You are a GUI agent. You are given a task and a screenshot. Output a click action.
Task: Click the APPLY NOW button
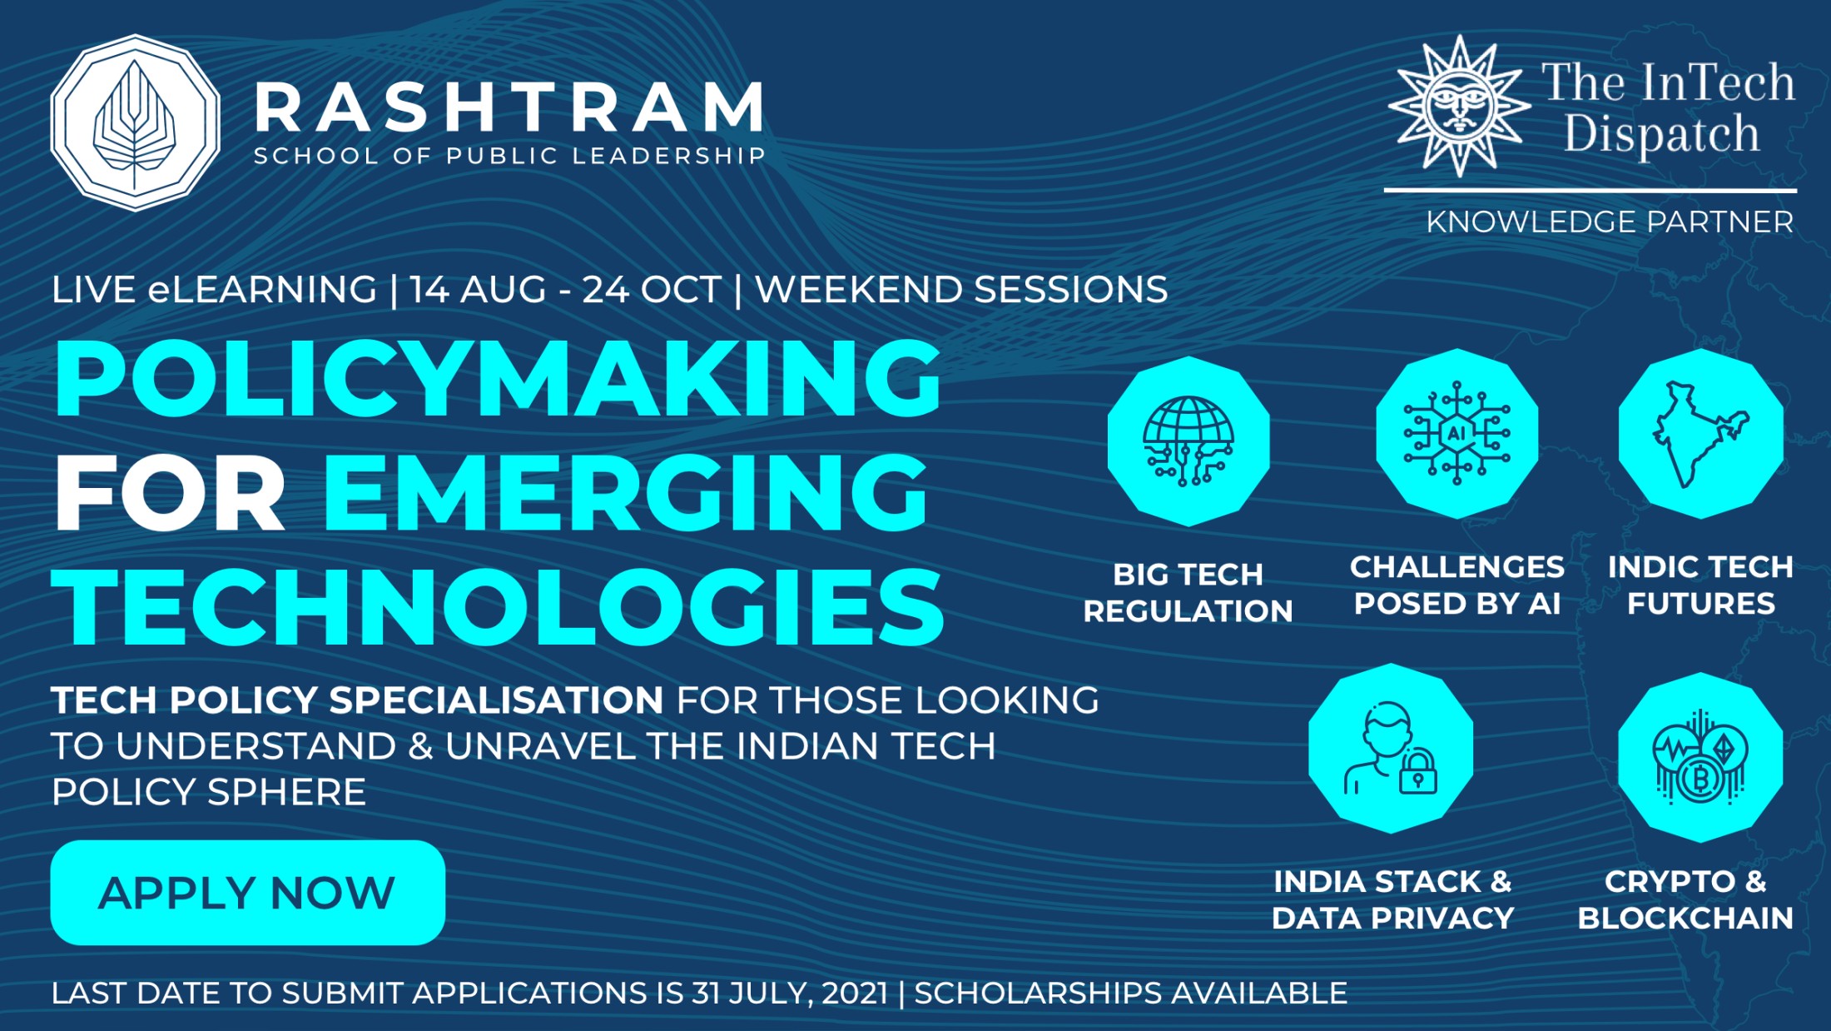(247, 892)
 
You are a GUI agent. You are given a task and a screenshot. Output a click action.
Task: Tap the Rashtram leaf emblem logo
(136, 122)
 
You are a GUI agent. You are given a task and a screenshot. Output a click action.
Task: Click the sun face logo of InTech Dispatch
(1459, 106)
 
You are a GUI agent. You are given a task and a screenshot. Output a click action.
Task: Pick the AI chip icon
(1456, 433)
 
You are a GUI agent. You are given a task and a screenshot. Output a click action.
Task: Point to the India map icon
(1700, 433)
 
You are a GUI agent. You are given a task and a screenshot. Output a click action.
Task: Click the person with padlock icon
(1391, 748)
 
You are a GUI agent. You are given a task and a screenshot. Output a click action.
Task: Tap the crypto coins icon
(1700, 757)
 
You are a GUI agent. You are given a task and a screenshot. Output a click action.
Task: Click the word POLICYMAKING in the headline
(498, 378)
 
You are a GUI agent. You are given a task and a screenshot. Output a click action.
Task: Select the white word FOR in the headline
(171, 493)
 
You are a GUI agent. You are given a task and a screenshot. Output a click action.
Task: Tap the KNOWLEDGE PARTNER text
(1610, 222)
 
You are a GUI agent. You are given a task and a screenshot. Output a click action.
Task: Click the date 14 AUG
(478, 290)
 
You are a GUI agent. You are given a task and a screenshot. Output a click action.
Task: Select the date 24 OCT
(652, 290)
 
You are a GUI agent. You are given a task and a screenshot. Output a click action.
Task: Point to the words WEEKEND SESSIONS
(961, 290)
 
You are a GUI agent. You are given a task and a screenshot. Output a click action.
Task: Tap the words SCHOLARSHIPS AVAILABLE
(1131, 993)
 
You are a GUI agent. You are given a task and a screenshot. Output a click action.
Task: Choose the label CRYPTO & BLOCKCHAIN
(1685, 899)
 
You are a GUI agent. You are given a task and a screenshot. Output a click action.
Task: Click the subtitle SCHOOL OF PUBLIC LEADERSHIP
(509, 156)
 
